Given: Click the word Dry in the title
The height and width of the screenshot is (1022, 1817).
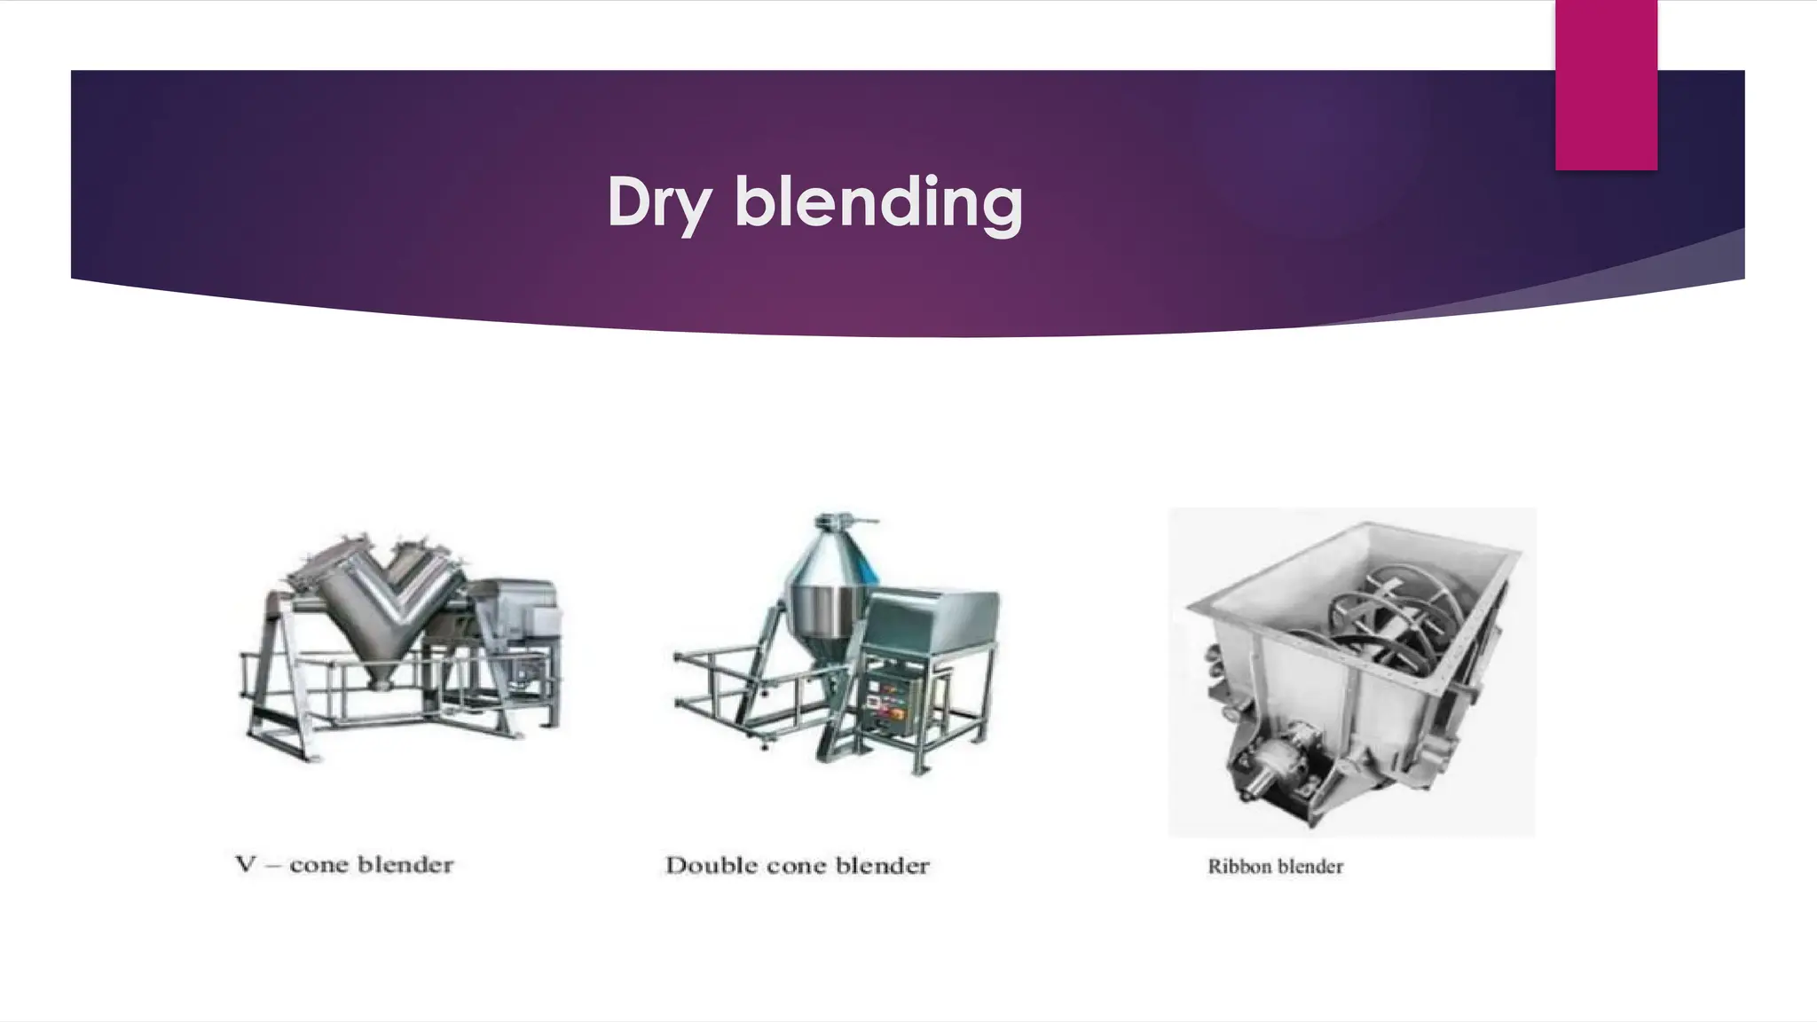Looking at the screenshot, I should (x=658, y=203).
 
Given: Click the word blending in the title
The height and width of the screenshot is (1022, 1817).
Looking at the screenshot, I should (x=878, y=203).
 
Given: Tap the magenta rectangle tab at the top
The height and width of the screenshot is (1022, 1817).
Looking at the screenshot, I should (x=1606, y=85).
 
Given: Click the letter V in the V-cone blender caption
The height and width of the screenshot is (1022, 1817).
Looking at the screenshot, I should (x=246, y=864).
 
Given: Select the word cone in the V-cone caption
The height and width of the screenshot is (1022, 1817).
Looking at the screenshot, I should (x=319, y=865).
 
